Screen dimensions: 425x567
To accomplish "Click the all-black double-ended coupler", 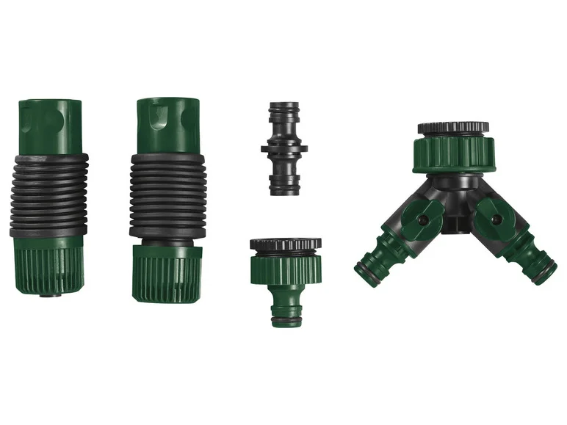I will pyautogui.click(x=284, y=150).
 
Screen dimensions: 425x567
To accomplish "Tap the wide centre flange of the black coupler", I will pyautogui.click(x=284, y=150).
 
